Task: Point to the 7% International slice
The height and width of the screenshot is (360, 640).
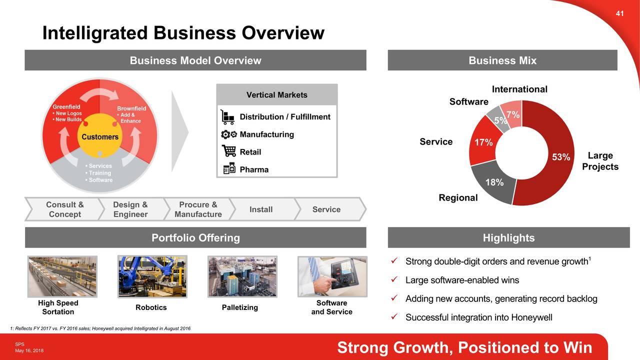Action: click(x=513, y=114)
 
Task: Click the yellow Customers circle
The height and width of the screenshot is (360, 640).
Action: click(x=100, y=136)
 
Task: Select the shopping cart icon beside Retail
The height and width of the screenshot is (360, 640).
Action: click(x=228, y=151)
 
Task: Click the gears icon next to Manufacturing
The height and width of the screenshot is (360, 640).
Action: click(x=228, y=134)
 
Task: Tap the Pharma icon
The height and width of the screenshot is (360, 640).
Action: click(x=228, y=169)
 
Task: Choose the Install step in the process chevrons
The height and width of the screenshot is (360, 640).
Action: click(x=261, y=209)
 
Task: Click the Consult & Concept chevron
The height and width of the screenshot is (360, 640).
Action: click(x=64, y=209)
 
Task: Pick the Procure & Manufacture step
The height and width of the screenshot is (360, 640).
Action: click(x=198, y=209)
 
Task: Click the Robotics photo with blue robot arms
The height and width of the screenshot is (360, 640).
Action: click(x=152, y=276)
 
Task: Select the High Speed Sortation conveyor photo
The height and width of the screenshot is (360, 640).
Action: click(x=62, y=276)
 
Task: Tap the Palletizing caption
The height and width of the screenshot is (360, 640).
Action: click(x=239, y=307)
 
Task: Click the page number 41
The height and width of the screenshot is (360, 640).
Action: click(x=619, y=13)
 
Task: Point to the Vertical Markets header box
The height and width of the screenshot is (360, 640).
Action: click(x=276, y=95)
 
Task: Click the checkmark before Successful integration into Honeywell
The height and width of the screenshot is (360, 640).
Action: click(x=393, y=317)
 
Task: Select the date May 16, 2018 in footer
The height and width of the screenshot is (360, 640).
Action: click(x=29, y=350)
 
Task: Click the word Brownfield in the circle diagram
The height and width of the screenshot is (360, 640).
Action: click(x=131, y=108)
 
